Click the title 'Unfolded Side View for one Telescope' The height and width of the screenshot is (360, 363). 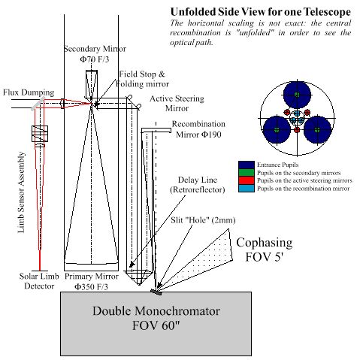261,12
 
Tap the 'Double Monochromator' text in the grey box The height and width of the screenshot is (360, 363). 156,311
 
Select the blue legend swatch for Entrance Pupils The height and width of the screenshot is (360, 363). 247,165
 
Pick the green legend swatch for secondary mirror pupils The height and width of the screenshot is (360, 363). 247,173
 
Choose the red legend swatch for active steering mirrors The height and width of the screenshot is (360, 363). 247,180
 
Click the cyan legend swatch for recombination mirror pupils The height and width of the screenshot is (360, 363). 247,188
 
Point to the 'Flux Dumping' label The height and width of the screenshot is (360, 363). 29,92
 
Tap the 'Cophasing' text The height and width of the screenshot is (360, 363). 265,243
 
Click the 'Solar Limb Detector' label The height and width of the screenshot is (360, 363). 39,281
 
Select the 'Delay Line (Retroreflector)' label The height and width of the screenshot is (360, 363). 198,185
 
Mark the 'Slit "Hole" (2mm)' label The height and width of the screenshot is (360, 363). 203,220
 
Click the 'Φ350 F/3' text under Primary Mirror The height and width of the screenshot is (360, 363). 91,286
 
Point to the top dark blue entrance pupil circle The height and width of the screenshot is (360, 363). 297,95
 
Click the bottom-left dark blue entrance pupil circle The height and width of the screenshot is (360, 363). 277,130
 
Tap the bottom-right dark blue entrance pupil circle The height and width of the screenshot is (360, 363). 317,130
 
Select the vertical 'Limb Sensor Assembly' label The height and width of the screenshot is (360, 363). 21,192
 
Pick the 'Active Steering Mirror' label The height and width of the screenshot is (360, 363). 177,104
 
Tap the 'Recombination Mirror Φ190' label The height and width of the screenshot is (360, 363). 198,129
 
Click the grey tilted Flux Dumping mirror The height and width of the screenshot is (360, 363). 38,104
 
